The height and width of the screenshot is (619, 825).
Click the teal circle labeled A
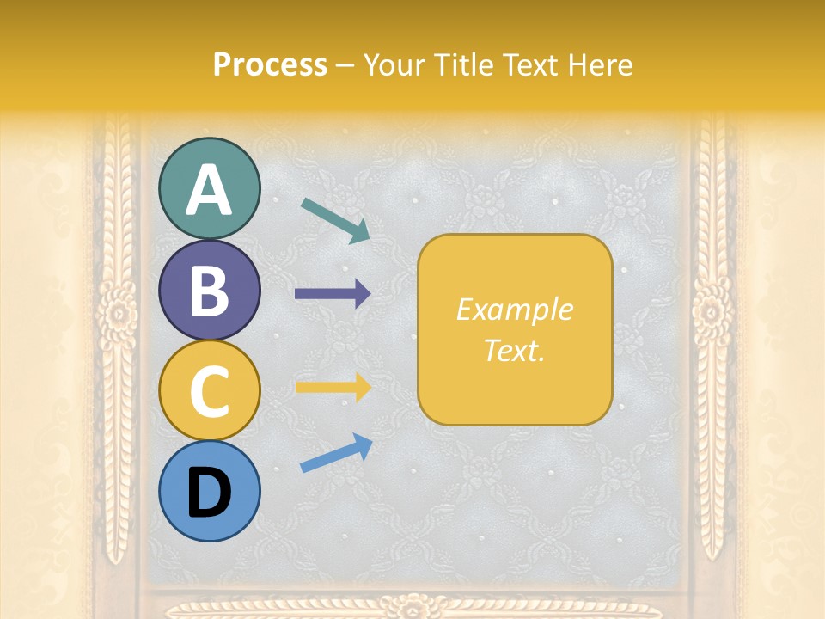coord(209,188)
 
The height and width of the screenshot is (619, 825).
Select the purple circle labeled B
coord(209,290)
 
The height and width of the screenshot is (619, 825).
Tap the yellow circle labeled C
coord(209,390)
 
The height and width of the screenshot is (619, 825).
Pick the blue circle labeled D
coord(209,491)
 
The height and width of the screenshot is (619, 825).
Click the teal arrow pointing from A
coord(335,220)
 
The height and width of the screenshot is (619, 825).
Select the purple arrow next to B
coord(333,294)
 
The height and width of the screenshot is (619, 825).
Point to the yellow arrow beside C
coord(333,387)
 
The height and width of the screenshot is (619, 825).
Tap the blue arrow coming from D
coord(336,452)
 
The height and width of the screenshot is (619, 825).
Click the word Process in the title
coord(270,64)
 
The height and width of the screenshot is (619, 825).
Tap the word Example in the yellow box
coord(514,309)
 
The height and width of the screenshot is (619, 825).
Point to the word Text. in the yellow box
coord(514,350)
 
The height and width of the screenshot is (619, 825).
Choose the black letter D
coord(209,493)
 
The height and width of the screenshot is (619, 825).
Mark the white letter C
coord(209,392)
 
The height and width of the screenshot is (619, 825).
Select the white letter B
coord(209,291)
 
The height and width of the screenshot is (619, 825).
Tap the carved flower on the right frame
coord(712,310)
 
